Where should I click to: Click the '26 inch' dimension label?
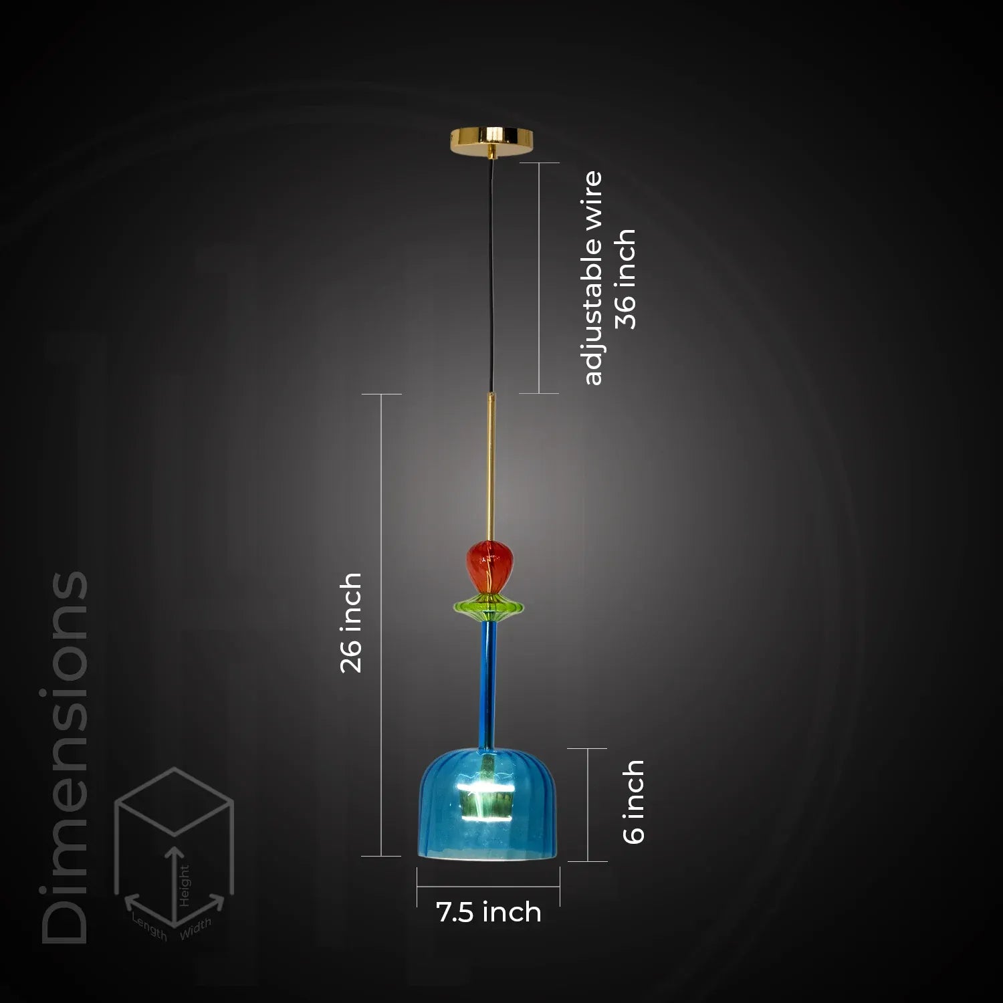[x=351, y=623]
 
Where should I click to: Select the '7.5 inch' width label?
[x=489, y=913]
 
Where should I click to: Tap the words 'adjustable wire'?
[x=592, y=278]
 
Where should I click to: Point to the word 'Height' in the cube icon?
[x=184, y=885]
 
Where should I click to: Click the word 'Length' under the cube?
[x=149, y=926]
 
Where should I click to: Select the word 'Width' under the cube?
[x=195, y=928]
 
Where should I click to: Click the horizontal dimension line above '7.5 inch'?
[x=488, y=887]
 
